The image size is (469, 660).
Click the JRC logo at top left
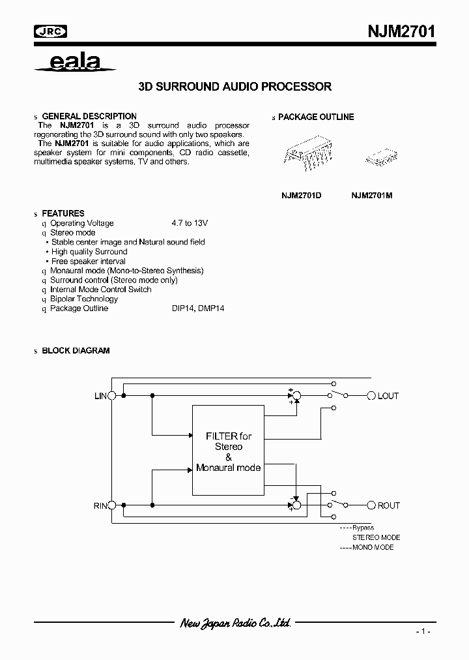click(50, 31)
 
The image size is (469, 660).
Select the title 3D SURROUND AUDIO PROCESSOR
click(235, 86)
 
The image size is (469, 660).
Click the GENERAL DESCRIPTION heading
click(89, 116)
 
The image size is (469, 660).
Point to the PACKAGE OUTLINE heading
click(316, 117)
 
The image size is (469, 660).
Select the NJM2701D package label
click(301, 196)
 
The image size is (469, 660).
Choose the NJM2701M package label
click(372, 196)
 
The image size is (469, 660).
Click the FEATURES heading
click(63, 213)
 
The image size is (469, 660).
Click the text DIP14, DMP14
click(193, 308)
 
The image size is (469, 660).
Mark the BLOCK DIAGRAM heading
click(76, 350)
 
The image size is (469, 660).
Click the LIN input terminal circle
click(112, 396)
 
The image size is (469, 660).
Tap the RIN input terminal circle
click(112, 505)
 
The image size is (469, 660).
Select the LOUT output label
click(388, 396)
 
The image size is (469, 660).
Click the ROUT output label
click(389, 505)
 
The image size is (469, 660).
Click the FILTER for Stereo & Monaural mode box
click(227, 450)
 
